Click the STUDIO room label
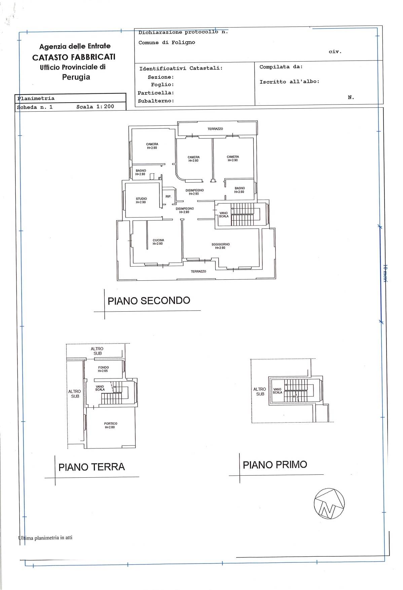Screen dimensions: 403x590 [141, 199]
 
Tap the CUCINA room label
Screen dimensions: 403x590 [158, 240]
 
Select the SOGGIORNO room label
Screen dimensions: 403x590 [221, 244]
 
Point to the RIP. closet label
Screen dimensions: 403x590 [168, 196]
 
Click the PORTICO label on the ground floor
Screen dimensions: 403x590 [111, 424]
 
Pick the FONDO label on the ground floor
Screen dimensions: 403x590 [103, 367]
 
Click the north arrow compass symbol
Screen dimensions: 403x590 [329, 503]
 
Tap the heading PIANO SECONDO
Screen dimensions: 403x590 [149, 301]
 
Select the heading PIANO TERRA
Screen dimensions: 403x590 [91, 467]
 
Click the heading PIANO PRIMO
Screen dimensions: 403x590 [275, 465]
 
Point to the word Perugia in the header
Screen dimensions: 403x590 [76, 77]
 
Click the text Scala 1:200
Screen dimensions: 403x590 [95, 107]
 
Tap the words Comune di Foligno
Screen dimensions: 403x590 [167, 42]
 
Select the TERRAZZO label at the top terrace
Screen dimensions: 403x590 [215, 129]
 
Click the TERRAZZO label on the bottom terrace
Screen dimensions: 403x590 [198, 271]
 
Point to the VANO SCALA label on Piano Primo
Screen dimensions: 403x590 [277, 391]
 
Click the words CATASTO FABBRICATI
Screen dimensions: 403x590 [74, 57]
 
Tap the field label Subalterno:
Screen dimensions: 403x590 [156, 101]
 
